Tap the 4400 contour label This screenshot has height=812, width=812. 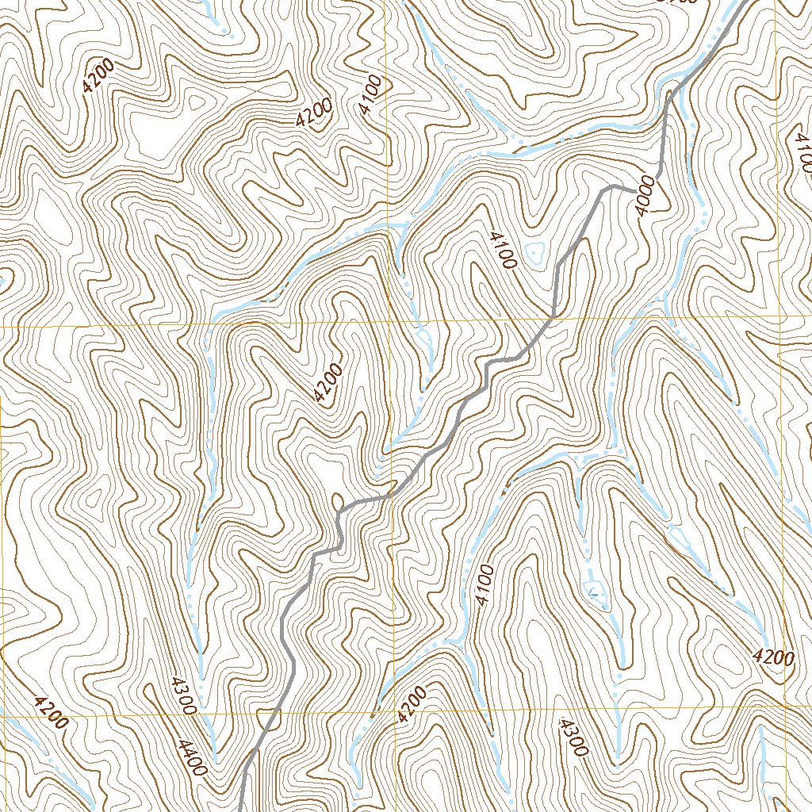pyautogui.click(x=193, y=757)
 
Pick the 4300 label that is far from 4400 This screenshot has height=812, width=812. pyautogui.click(x=573, y=737)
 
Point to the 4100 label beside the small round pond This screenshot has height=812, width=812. pyautogui.click(x=504, y=250)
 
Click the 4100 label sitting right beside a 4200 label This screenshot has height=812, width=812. pyautogui.click(x=370, y=95)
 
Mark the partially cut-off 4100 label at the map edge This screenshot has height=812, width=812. pyautogui.click(x=801, y=151)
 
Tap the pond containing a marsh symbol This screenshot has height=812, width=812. pyautogui.click(x=592, y=588)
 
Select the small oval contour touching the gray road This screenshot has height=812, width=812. pyautogui.click(x=339, y=502)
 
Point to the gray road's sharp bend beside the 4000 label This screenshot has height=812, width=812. pyautogui.click(x=612, y=187)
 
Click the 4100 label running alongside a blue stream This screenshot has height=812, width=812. pyautogui.click(x=485, y=585)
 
